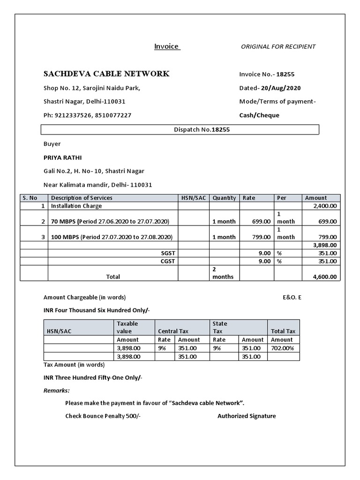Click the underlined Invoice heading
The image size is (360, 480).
[x=167, y=46]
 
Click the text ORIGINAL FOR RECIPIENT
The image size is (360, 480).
[x=278, y=46]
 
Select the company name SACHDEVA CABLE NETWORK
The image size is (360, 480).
[x=106, y=74]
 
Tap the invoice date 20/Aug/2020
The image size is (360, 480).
[x=281, y=88]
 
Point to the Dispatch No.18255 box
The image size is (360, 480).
[x=180, y=130]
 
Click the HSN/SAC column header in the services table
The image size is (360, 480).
[x=194, y=198]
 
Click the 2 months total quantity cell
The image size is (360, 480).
[x=223, y=273]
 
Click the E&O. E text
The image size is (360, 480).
[x=292, y=297]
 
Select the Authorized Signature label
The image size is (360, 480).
[x=247, y=416]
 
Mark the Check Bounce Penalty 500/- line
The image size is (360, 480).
[x=103, y=416]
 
